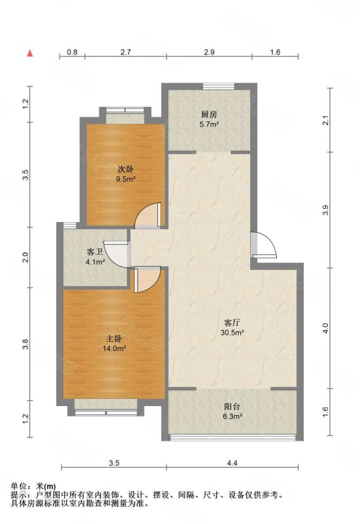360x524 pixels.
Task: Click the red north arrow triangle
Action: click(29, 53)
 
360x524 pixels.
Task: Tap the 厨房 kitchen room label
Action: click(209, 115)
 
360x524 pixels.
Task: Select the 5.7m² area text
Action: click(209, 124)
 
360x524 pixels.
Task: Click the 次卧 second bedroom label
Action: click(126, 169)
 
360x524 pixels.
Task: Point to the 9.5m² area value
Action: click(126, 179)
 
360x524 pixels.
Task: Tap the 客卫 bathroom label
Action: click(95, 252)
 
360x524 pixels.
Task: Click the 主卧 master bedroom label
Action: click(114, 339)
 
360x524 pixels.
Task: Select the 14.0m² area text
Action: click(114, 348)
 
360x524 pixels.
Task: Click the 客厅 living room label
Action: click(232, 322)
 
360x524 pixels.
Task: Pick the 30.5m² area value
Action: click(232, 333)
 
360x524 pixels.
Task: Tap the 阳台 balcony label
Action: click(232, 407)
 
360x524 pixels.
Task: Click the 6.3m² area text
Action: click(232, 417)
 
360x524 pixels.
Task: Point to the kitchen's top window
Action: click(219, 86)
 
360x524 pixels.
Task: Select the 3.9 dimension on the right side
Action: click(326, 210)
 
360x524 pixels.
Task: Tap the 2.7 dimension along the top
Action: click(126, 52)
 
